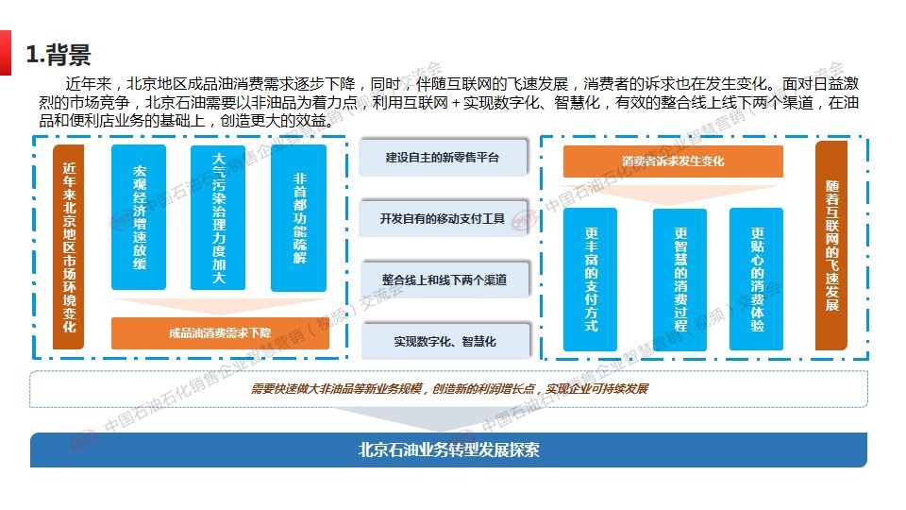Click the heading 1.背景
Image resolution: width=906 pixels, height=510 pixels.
click(59, 55)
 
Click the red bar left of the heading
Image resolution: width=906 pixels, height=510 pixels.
click(6, 53)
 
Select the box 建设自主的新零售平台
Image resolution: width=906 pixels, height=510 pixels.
click(443, 158)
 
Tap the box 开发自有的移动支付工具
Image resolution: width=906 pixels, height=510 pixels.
click(443, 218)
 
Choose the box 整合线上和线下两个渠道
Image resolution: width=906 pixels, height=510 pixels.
click(445, 280)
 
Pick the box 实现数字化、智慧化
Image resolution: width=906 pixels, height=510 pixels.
click(445, 341)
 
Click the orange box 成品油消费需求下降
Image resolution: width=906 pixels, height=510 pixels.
click(220, 333)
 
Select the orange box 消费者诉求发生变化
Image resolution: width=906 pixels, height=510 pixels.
click(673, 161)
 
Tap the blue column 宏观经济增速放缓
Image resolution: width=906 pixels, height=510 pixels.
click(139, 217)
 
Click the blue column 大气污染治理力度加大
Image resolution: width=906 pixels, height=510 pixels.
click(218, 217)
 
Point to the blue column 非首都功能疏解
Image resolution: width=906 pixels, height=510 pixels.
click(299, 218)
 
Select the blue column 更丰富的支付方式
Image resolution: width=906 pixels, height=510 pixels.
click(590, 280)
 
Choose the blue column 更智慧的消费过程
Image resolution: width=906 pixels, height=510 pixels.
click(679, 280)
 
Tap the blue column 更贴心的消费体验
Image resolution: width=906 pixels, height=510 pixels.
click(756, 280)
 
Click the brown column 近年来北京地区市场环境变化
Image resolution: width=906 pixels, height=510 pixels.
click(69, 246)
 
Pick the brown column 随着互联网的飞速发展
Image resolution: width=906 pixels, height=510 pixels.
click(831, 246)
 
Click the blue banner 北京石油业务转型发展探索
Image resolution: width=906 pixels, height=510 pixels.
click(449, 450)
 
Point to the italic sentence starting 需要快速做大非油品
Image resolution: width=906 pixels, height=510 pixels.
click(449, 388)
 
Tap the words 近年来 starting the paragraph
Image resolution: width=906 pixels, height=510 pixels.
click(88, 84)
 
